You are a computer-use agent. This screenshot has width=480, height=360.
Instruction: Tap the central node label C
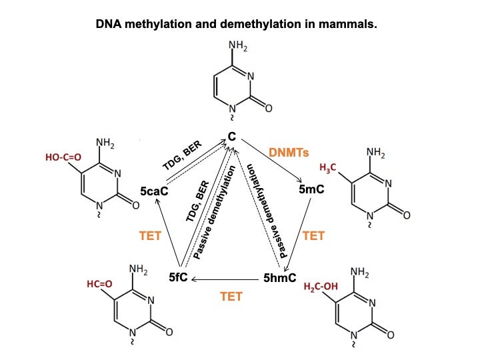point(232,136)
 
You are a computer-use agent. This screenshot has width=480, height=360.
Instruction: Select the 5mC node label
point(311,190)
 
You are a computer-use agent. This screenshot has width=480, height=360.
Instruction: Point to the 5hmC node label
point(280,277)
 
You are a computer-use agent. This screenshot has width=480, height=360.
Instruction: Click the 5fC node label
point(178,277)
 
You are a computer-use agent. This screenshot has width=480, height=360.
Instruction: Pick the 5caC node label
point(153,191)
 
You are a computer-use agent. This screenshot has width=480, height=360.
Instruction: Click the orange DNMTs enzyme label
point(289,153)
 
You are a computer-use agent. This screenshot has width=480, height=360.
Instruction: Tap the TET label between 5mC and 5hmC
point(313,235)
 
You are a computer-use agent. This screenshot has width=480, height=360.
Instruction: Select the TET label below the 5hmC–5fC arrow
point(231,296)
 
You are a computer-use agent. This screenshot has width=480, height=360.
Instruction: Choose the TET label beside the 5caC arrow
point(151,235)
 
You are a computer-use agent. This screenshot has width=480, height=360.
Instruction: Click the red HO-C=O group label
point(63,159)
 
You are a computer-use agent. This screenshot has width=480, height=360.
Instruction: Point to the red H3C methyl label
point(329,166)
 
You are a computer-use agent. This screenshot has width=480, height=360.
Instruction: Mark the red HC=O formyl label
point(99,284)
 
